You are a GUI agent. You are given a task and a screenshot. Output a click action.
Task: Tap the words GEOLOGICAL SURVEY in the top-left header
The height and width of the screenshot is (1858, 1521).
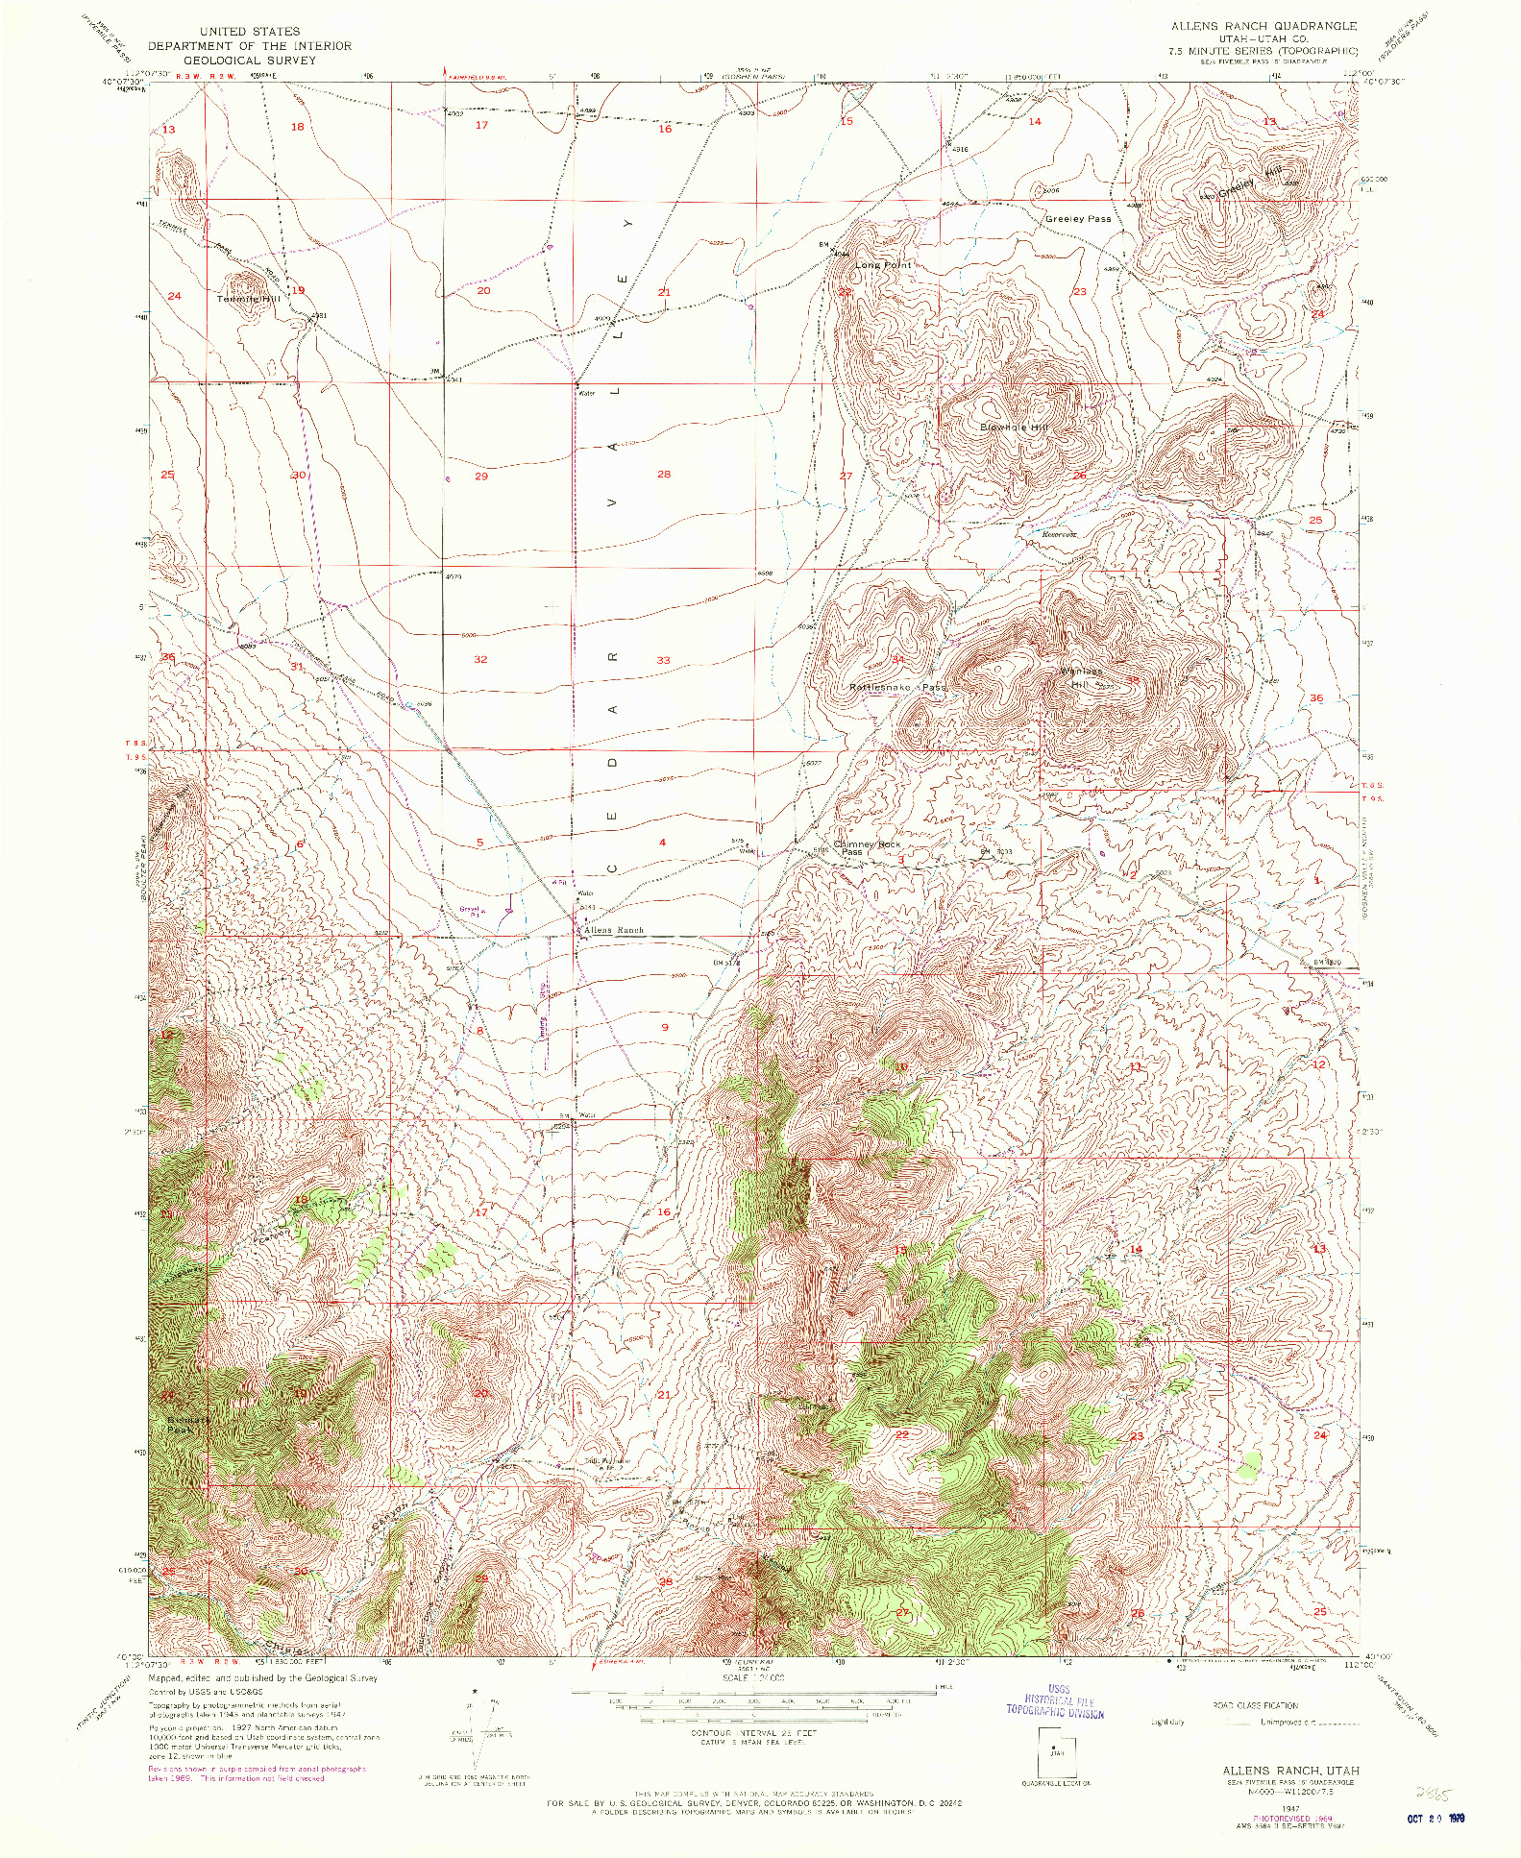249,60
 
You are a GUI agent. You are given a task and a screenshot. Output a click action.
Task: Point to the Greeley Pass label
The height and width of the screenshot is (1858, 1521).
1077,219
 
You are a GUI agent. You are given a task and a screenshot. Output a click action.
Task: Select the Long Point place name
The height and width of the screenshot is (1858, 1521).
882,265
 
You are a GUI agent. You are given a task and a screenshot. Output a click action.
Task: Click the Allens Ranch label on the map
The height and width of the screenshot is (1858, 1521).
614,931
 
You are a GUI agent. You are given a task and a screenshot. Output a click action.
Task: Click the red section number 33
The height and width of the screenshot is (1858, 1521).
663,660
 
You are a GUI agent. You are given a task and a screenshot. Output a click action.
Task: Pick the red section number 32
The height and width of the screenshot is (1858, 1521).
480,659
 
